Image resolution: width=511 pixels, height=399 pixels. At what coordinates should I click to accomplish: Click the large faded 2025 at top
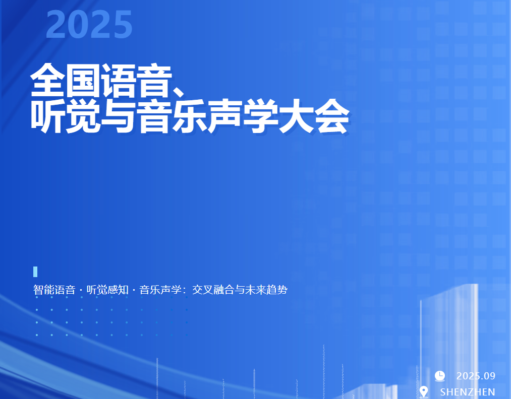[x=89, y=24]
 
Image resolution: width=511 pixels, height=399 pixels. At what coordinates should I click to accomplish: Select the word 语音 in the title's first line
[x=136, y=81]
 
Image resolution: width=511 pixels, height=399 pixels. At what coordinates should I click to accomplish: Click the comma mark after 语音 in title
[x=179, y=92]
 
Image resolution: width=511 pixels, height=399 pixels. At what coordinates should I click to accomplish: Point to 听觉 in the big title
[x=65, y=116]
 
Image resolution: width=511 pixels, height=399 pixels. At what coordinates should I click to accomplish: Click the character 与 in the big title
[x=118, y=116]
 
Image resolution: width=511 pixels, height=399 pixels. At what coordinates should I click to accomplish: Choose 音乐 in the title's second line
[x=172, y=116]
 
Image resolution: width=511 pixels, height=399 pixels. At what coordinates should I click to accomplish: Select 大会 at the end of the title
[x=314, y=116]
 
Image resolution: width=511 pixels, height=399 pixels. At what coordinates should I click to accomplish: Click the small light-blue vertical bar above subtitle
[x=35, y=272]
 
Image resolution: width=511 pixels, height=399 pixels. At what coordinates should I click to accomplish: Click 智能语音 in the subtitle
[x=54, y=290]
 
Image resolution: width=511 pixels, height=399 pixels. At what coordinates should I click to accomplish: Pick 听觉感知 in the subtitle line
[x=107, y=290]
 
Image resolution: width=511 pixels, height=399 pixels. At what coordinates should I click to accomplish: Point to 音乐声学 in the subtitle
[x=160, y=290]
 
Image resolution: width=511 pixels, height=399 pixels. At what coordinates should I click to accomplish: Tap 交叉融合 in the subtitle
[x=213, y=290]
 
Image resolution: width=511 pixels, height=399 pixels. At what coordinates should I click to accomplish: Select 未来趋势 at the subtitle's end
[x=266, y=290]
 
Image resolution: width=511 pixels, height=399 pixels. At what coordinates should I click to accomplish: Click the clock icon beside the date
[x=440, y=375]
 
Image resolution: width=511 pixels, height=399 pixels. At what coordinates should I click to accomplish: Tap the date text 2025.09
[x=476, y=376]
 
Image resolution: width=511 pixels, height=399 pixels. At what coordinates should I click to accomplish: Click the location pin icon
[x=424, y=391]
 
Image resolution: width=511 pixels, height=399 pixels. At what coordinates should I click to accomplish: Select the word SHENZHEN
[x=468, y=392]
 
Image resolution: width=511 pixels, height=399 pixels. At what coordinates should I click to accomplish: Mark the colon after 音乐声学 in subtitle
[x=185, y=290]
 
